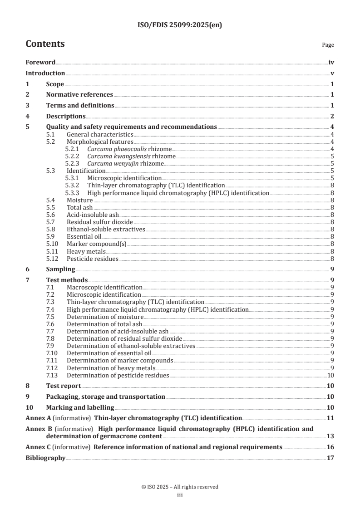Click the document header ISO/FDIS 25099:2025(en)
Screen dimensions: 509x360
(180, 25)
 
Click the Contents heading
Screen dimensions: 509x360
(45, 44)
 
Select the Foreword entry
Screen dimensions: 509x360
(40, 63)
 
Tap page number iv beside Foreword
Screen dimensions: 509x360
(331, 63)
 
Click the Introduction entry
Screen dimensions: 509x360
(45, 73)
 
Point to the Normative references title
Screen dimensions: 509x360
(79, 94)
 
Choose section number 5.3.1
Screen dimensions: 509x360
(72, 178)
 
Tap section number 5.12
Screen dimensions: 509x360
(53, 259)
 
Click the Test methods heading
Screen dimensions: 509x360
(67, 280)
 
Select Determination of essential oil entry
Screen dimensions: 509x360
(109, 353)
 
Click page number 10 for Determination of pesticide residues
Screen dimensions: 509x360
(331, 375)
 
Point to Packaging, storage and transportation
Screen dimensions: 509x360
(105, 396)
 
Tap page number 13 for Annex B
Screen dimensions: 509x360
(330, 436)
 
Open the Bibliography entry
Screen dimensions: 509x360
(45, 458)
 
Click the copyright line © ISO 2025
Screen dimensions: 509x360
(180, 487)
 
